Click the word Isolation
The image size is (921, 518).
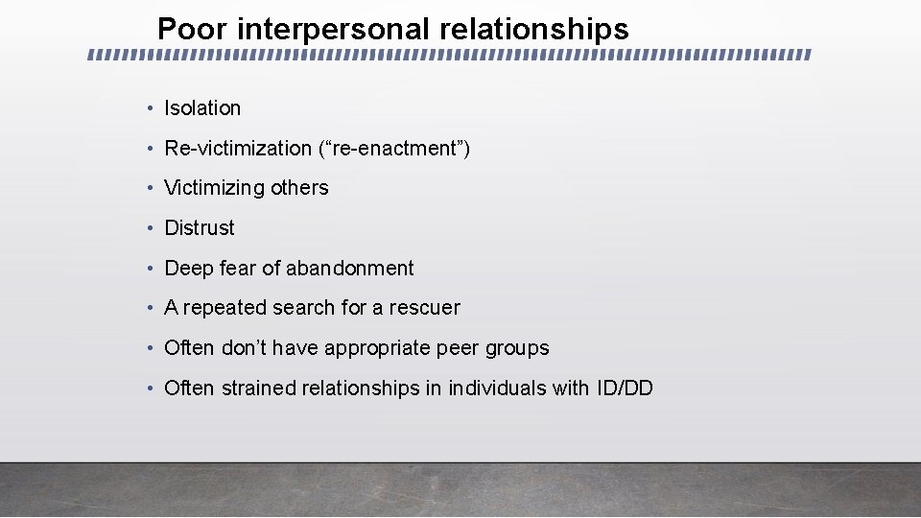(202, 108)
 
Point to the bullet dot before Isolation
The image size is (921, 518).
(152, 108)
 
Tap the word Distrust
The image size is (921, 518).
(200, 228)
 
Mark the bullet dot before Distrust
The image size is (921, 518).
(152, 228)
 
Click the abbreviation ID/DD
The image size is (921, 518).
(624, 388)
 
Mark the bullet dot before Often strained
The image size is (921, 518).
(152, 388)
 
